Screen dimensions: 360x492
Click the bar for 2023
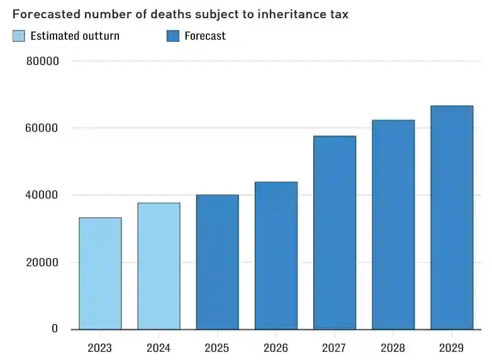(100, 273)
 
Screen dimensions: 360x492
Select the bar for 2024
(159, 266)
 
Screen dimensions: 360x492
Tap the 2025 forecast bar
(217, 262)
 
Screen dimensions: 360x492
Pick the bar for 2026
(276, 256)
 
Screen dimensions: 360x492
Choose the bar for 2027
(334, 232)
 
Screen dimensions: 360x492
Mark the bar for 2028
(393, 224)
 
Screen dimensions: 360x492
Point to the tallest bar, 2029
(451, 217)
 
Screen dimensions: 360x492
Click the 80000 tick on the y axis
(43, 62)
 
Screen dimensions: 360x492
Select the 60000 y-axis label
(43, 128)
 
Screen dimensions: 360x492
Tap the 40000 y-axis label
(43, 195)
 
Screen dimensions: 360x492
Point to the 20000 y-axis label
(43, 262)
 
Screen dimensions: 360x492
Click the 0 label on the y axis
(55, 329)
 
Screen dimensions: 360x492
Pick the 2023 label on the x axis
(100, 348)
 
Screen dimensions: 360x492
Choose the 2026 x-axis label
(276, 348)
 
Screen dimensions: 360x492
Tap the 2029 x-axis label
(451, 348)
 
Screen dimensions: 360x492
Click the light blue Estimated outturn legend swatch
(19, 36)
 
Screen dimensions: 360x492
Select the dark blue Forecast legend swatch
(173, 36)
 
